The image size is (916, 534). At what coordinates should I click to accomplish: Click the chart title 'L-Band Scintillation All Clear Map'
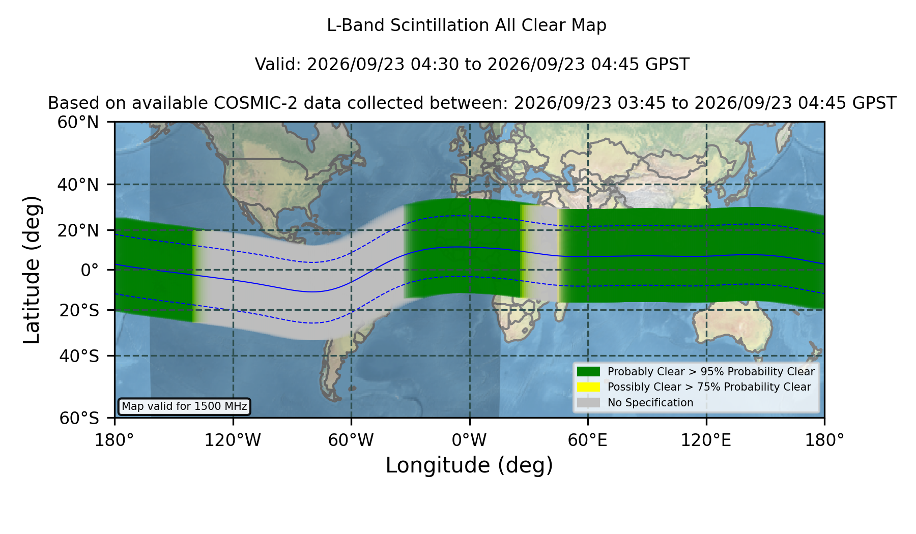(x=466, y=25)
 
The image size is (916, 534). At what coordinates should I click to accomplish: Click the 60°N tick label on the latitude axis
(x=78, y=123)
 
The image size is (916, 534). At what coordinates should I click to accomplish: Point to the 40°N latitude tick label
(x=78, y=185)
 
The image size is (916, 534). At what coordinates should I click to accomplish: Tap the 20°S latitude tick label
(x=79, y=310)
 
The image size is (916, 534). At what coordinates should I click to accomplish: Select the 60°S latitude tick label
(x=79, y=418)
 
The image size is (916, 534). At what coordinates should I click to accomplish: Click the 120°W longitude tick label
(x=233, y=440)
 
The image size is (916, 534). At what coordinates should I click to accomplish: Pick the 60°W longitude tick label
(x=351, y=440)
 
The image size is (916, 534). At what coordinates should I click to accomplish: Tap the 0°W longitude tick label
(x=469, y=440)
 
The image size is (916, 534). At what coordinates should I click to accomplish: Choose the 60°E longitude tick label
(x=588, y=440)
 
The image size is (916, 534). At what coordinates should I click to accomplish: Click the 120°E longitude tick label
(x=706, y=440)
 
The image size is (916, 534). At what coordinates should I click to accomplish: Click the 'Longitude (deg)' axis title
(x=469, y=466)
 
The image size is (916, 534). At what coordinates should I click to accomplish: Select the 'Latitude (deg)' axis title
(x=32, y=270)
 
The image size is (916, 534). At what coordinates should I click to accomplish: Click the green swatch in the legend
(x=589, y=372)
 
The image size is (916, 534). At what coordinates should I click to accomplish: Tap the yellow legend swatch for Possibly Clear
(x=589, y=387)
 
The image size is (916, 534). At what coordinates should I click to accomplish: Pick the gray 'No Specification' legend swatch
(x=589, y=403)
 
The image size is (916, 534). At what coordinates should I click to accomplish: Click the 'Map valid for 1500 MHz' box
(x=184, y=406)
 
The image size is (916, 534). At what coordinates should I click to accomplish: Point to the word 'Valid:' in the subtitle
(x=278, y=65)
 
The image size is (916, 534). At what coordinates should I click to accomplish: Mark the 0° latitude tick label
(x=90, y=270)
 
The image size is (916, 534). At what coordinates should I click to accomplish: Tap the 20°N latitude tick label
(x=78, y=230)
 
